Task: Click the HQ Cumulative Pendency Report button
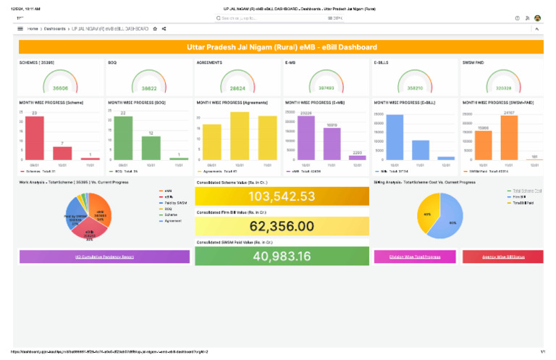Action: (104, 256)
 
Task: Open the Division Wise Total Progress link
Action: (415, 256)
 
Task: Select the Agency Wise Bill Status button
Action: (502, 256)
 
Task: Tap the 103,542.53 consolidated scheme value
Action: (282, 196)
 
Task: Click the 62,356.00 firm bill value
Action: (282, 226)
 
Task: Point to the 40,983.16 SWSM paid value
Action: (282, 256)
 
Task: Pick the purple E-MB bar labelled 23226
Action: (306, 138)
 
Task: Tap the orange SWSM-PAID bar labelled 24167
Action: (509, 138)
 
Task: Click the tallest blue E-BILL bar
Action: (395, 137)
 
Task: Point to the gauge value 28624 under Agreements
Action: (237, 88)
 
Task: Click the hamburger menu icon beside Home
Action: (20, 29)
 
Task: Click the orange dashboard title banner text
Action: (281, 47)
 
